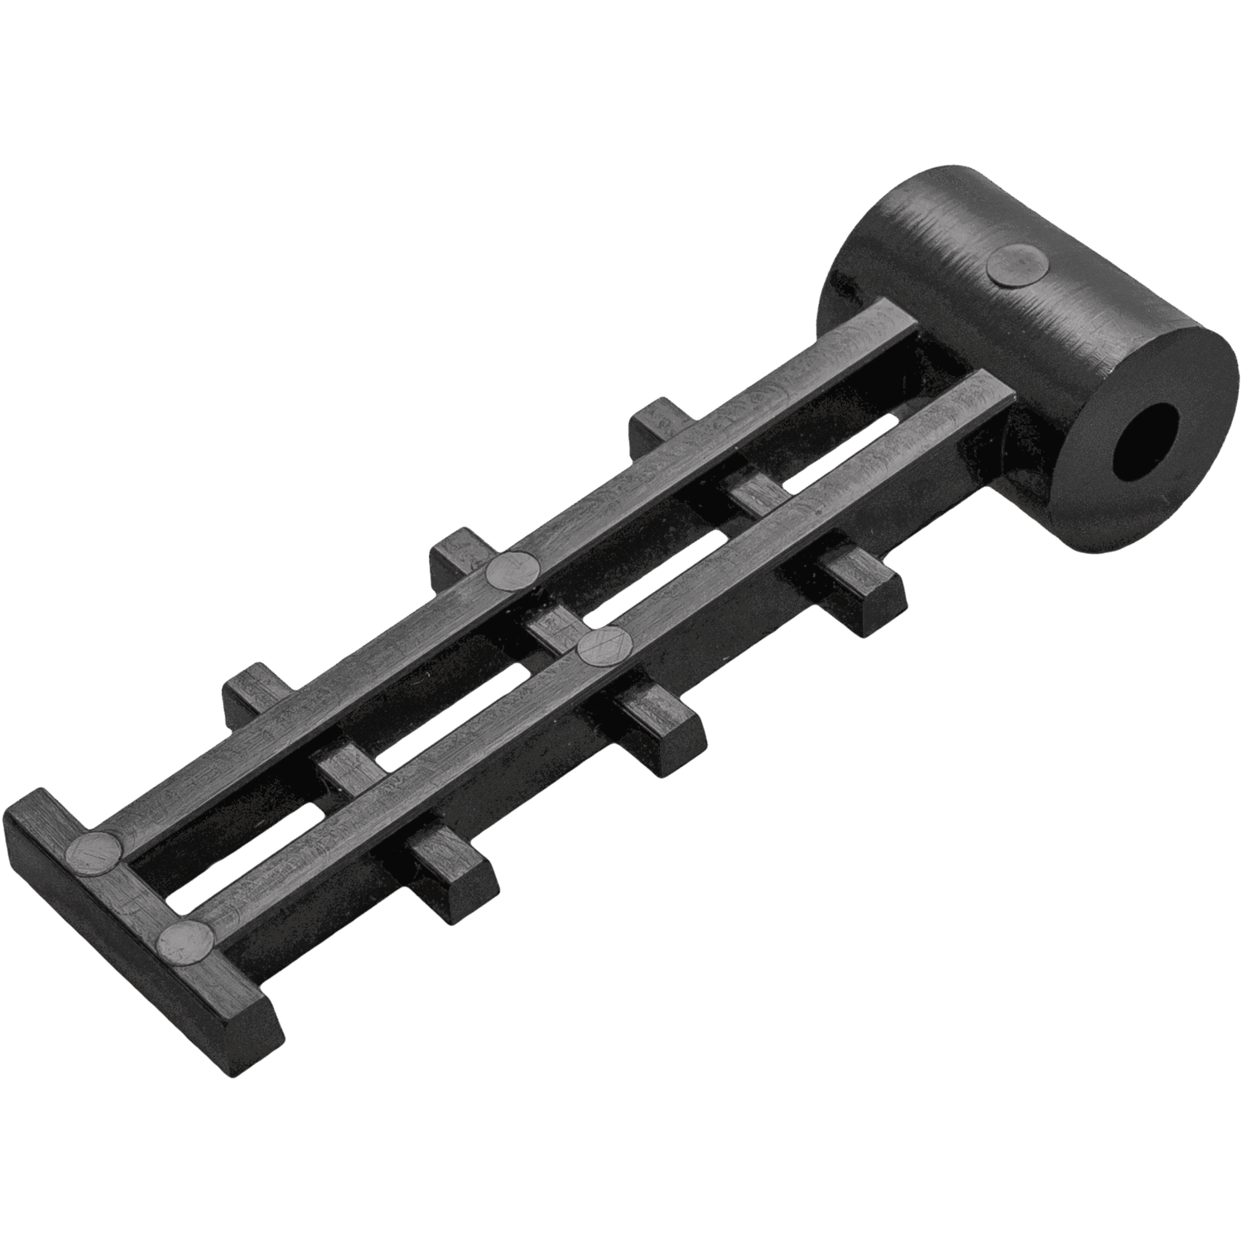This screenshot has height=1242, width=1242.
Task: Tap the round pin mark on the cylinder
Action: (1018, 266)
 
